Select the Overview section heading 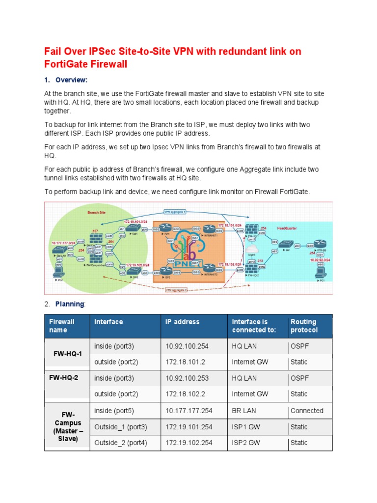tap(71, 80)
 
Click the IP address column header tap(183, 322)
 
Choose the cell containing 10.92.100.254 tap(187, 346)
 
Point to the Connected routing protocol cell tap(307, 411)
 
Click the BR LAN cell tap(244, 411)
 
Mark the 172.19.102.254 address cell tap(189, 443)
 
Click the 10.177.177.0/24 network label tap(64, 243)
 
